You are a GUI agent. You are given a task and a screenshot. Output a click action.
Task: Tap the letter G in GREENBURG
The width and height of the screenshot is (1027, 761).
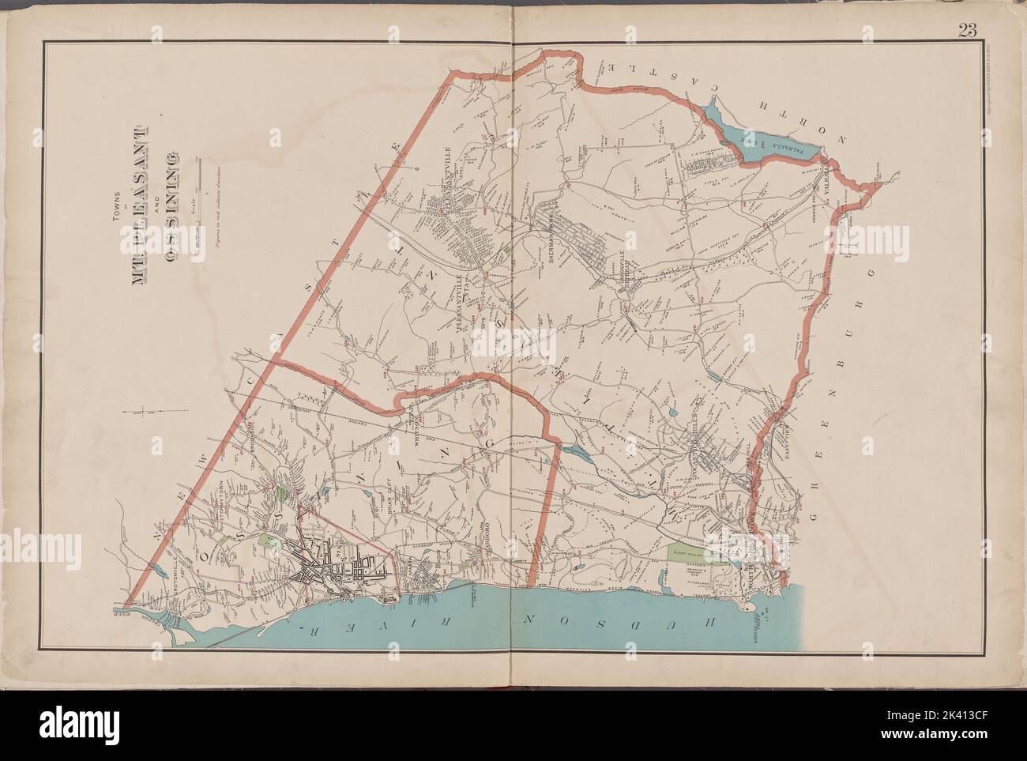click(814, 499)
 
